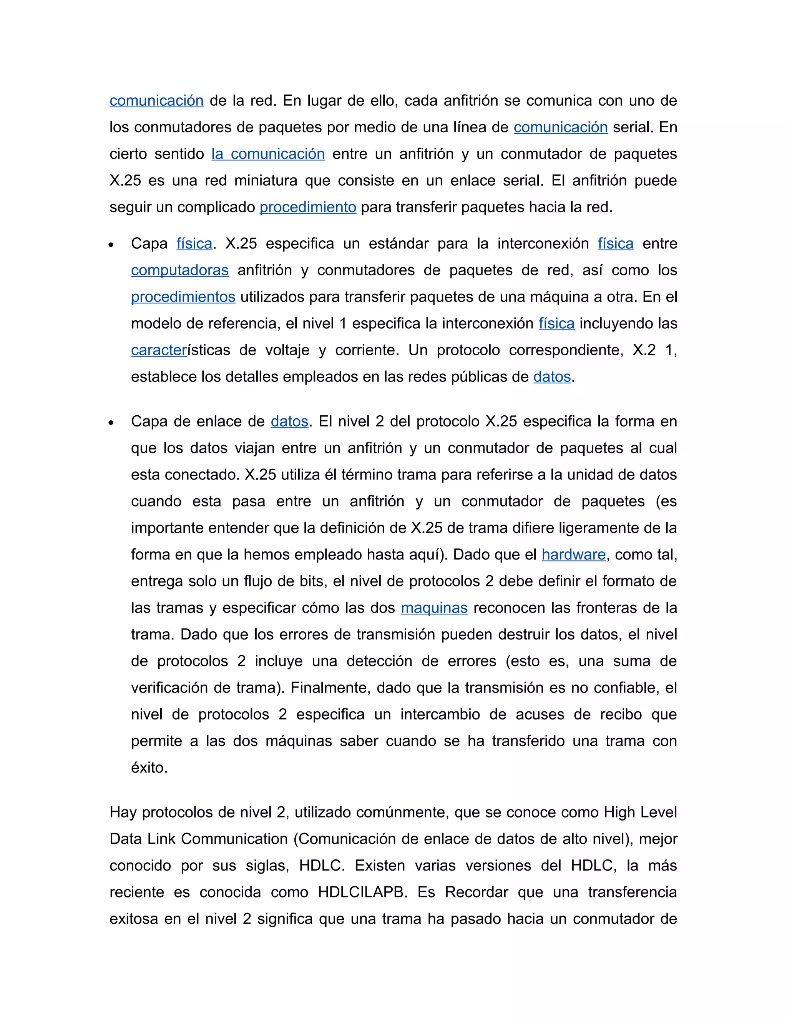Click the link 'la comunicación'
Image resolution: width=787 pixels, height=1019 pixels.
(268, 154)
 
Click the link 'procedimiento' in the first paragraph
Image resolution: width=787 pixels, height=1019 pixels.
(308, 207)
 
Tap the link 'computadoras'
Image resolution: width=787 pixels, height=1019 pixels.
(179, 271)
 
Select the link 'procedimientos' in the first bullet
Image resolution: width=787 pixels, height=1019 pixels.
(183, 297)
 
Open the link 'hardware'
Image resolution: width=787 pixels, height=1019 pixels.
(573, 555)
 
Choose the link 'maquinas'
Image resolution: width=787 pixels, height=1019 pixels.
(434, 608)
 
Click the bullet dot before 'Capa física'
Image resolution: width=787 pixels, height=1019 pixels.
(111, 245)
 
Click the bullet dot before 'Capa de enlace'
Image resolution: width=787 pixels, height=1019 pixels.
(111, 423)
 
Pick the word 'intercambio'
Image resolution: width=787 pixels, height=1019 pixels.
(440, 715)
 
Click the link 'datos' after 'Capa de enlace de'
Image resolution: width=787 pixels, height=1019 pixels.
(289, 422)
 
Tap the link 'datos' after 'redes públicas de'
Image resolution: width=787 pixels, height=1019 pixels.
(552, 377)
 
